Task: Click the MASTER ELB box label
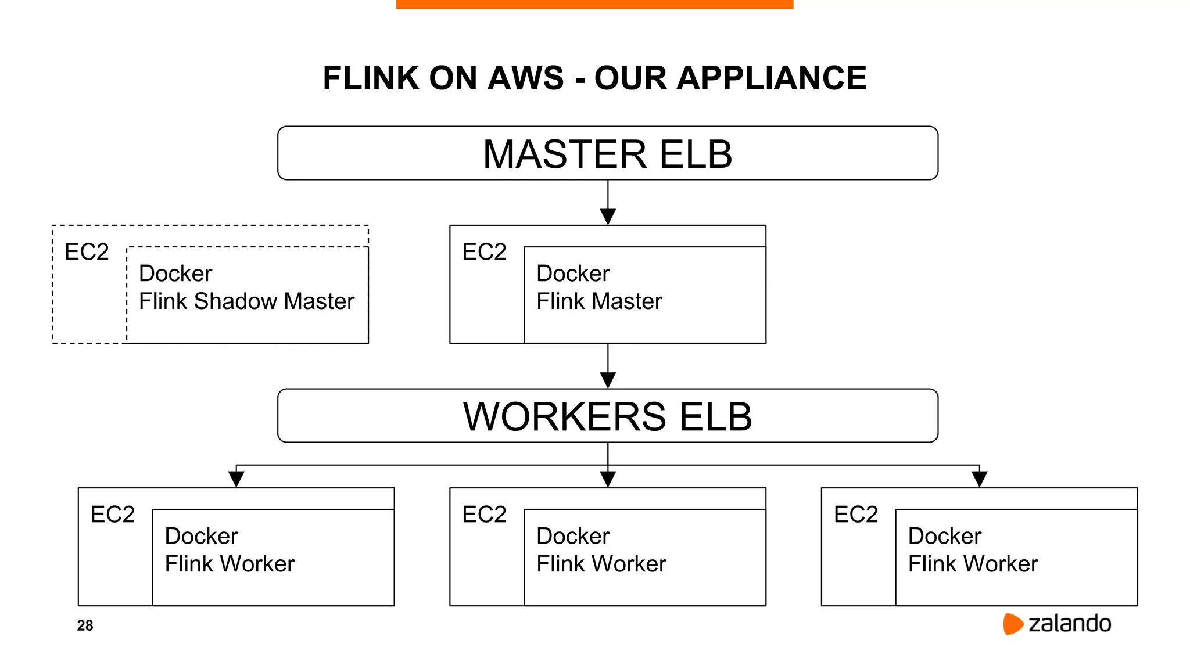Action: click(607, 154)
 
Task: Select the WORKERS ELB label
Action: click(607, 417)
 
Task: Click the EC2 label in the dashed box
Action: click(87, 252)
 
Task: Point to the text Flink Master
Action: click(598, 301)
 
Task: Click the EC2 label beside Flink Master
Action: click(484, 252)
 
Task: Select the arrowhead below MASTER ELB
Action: click(608, 217)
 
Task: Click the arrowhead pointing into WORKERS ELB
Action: click(608, 380)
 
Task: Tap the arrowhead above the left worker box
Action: click(236, 479)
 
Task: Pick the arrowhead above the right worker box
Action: click(980, 479)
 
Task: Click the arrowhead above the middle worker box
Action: click(608, 479)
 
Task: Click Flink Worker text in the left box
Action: click(230, 564)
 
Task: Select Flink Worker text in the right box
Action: click(973, 564)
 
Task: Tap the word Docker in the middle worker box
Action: click(573, 536)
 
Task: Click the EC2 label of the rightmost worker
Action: click(855, 515)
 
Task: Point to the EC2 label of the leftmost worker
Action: click(112, 515)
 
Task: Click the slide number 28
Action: click(85, 625)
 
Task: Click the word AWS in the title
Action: click(525, 78)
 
